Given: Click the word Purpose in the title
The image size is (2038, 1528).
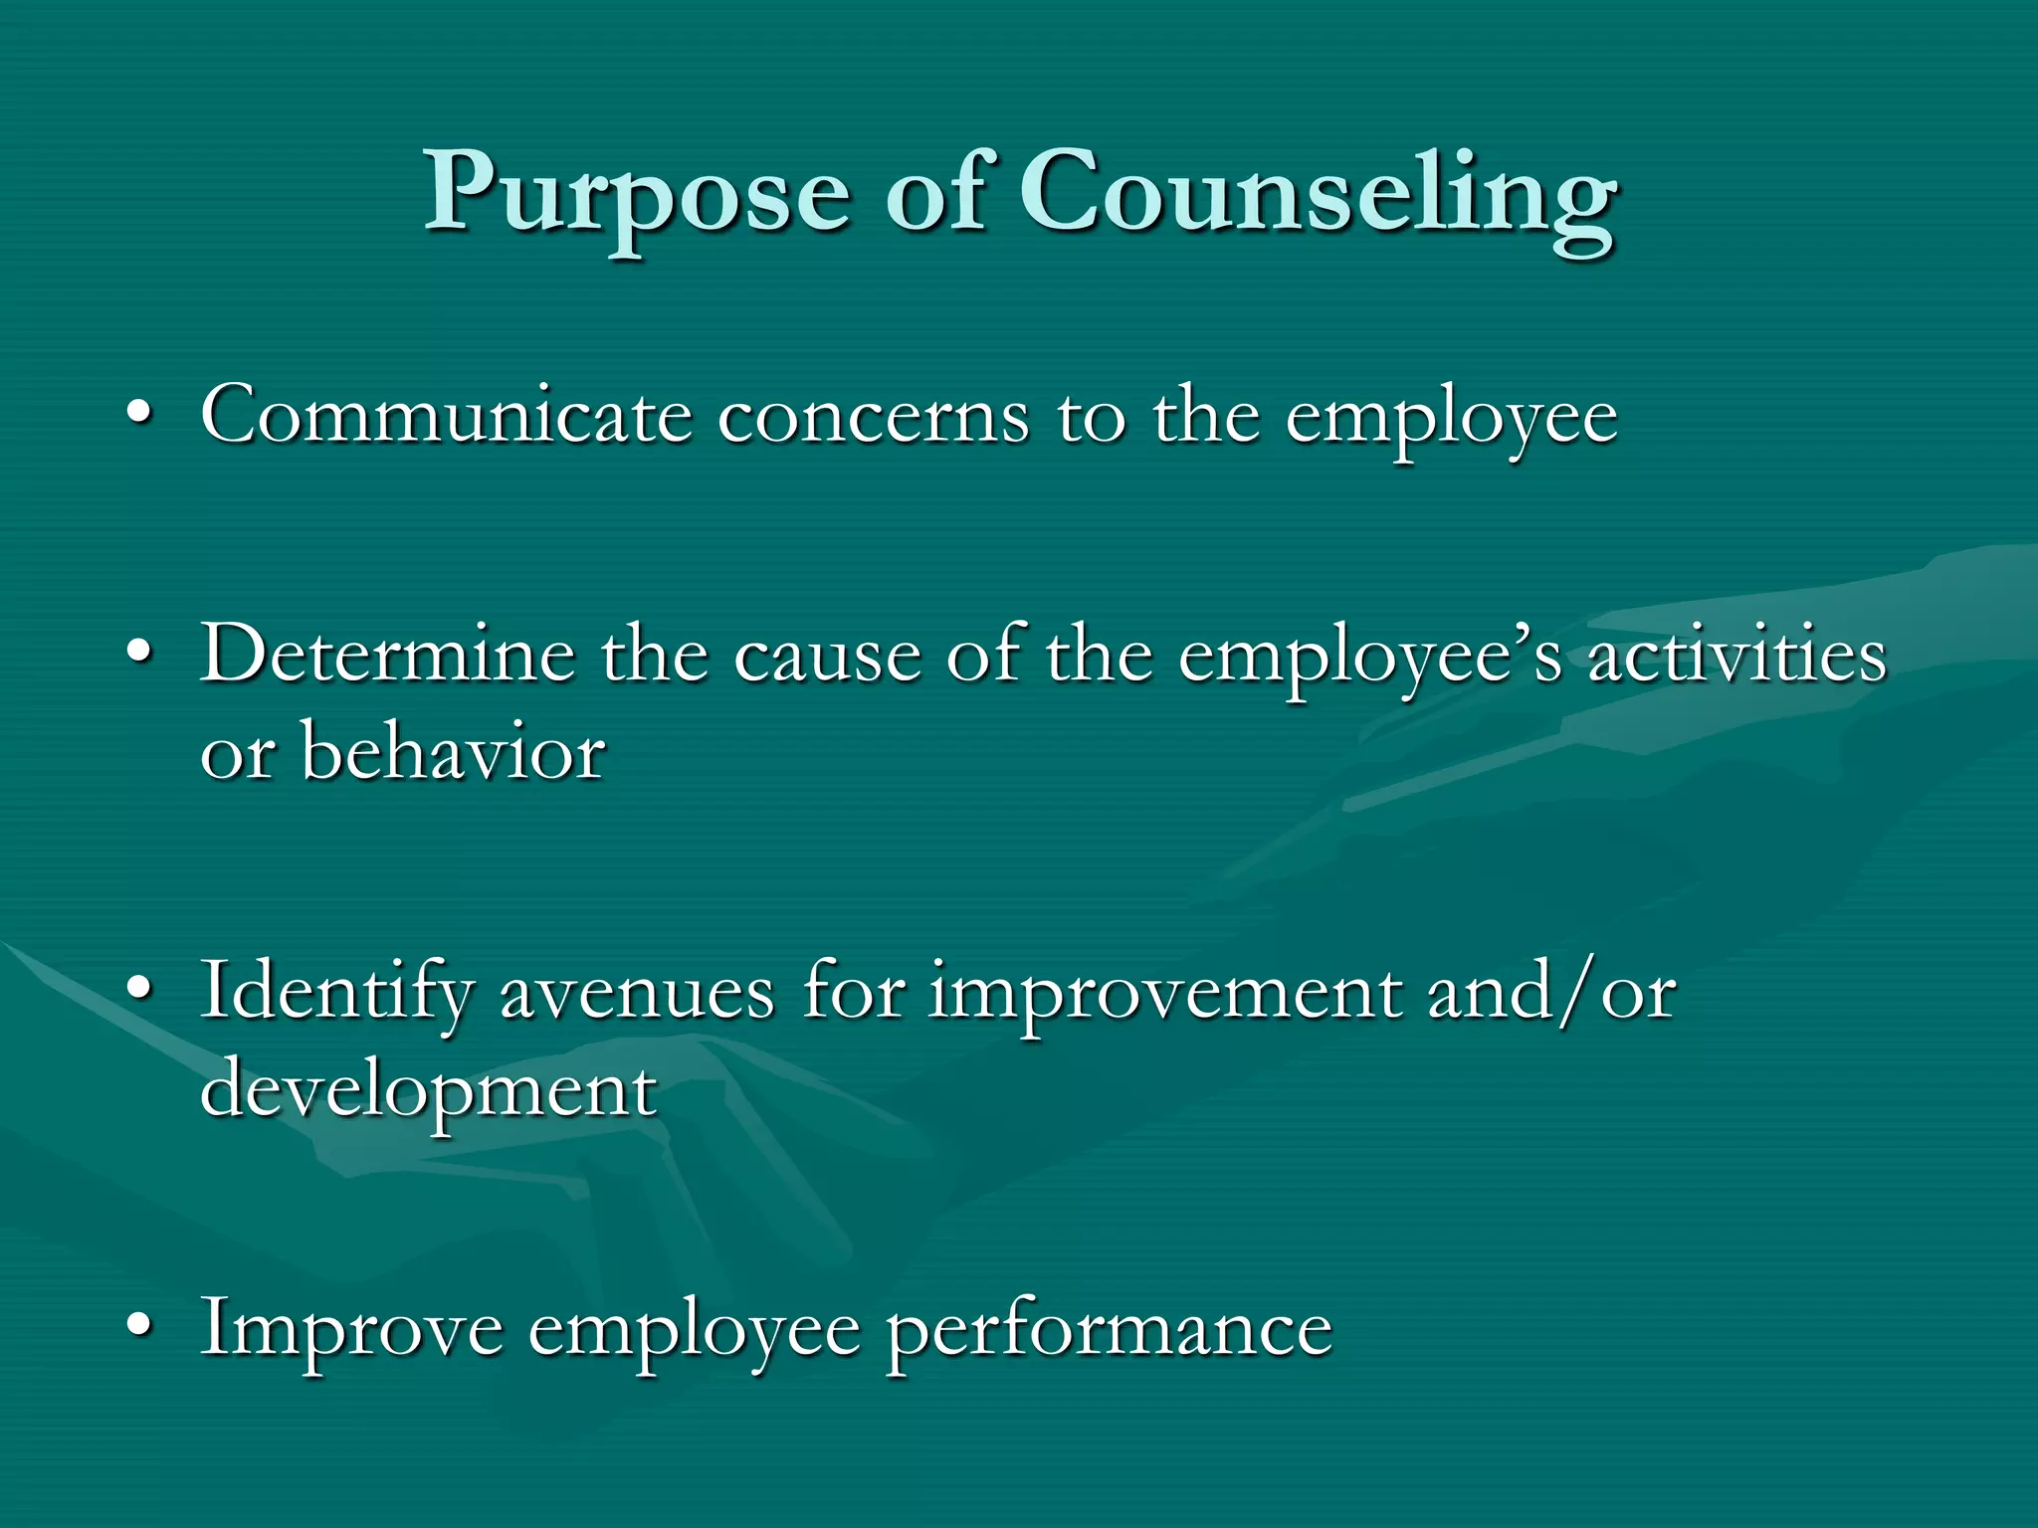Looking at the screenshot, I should (637, 194).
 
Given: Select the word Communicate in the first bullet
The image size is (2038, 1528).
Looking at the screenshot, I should (446, 415).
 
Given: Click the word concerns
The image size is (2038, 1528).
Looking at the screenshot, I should (873, 417).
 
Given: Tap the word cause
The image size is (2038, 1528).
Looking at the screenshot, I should (828, 657).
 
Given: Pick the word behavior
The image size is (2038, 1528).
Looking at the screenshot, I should (453, 751).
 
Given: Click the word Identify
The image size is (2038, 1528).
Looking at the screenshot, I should (336, 992).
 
